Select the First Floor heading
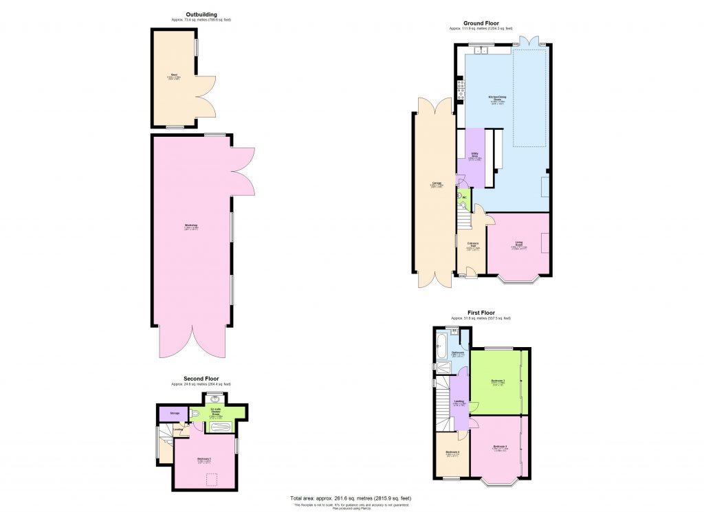point(481,313)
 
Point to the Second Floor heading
point(201,379)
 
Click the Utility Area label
point(474,155)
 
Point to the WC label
point(464,198)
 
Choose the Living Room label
point(519,243)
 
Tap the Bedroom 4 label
point(452,452)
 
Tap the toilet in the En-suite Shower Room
point(195,413)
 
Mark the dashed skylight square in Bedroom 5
point(212,478)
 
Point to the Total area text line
point(351,498)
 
